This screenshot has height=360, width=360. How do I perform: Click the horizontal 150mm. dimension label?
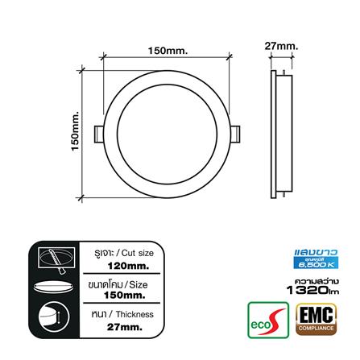168,52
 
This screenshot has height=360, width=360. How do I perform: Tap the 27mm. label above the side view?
280,47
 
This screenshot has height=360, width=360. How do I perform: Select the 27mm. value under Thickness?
122,328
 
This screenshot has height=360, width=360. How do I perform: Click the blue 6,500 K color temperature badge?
315,262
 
